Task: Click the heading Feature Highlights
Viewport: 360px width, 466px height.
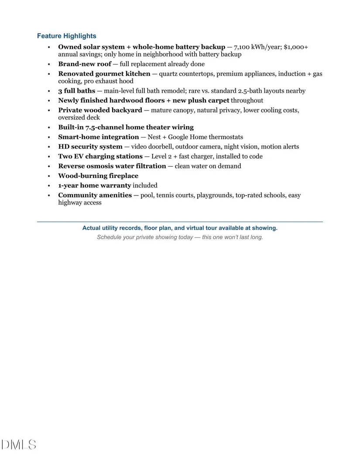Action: coord(67,36)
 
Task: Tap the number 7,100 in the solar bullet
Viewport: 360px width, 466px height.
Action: coord(242,47)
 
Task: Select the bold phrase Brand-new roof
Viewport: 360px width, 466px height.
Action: coord(85,64)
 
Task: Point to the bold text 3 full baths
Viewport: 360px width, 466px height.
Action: coord(76,91)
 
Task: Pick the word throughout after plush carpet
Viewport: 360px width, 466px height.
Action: coord(247,100)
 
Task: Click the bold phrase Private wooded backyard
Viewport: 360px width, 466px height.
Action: coord(100,110)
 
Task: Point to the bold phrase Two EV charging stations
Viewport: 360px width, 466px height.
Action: coord(100,156)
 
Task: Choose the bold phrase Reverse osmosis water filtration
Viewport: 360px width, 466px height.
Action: coord(112,166)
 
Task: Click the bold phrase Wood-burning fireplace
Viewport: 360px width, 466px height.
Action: coord(98,176)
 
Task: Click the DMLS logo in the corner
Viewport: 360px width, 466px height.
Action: coord(19,445)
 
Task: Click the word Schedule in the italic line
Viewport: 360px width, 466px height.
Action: coord(110,237)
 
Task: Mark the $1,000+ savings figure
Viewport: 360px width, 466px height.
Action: coord(296,47)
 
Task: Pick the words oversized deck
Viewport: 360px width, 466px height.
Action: coord(79,117)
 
